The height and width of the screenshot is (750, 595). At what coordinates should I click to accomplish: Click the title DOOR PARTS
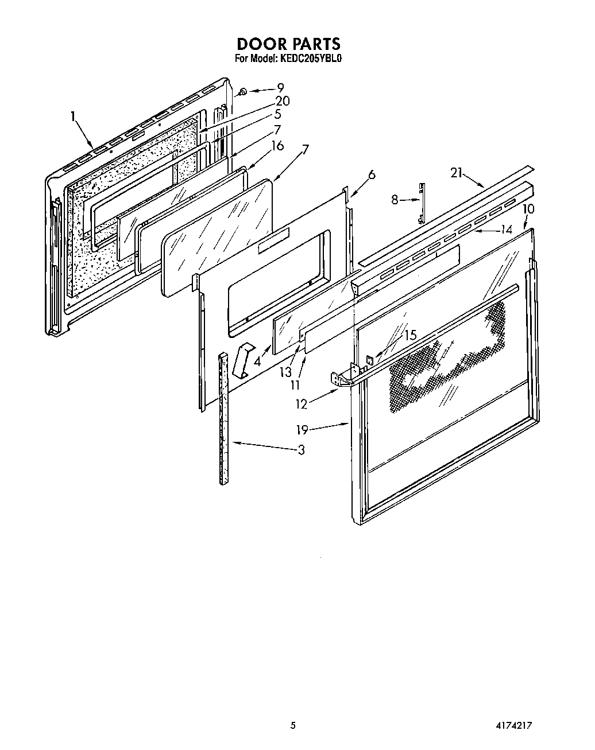[x=289, y=44]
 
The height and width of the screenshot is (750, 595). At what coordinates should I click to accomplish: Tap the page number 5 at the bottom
[x=293, y=725]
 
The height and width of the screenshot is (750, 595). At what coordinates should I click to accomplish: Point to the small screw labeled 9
[x=243, y=91]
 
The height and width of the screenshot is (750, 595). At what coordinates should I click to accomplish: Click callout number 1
[x=74, y=116]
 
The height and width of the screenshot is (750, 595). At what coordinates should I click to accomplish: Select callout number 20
[x=282, y=101]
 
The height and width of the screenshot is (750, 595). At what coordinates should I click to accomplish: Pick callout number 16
[x=277, y=146]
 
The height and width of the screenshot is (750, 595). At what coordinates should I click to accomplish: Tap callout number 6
[x=372, y=175]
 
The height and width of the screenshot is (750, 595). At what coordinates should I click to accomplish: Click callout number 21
[x=457, y=173]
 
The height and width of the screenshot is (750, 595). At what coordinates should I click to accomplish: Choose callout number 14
[x=506, y=230]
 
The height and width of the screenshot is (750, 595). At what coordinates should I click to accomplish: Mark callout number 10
[x=528, y=209]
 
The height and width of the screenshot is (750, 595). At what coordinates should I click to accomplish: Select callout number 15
[x=410, y=336]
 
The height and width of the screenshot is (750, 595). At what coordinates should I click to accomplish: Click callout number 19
[x=303, y=429]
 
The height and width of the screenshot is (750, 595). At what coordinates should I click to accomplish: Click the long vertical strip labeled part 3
[x=223, y=419]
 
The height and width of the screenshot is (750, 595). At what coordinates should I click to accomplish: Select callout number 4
[x=258, y=362]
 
